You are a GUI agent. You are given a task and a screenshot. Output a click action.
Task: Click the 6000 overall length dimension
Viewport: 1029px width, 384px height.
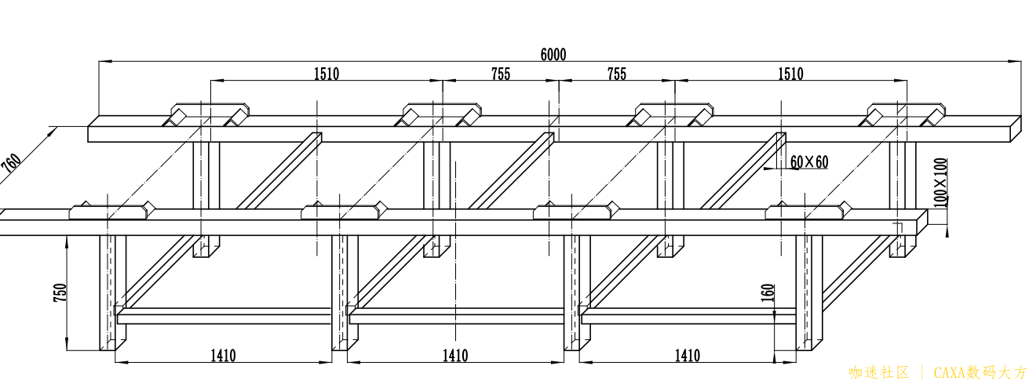pos(553,55)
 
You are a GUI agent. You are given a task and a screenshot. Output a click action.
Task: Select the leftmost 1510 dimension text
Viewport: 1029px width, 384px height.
pos(327,74)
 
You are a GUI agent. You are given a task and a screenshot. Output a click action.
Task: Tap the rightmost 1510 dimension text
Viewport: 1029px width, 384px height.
pos(790,74)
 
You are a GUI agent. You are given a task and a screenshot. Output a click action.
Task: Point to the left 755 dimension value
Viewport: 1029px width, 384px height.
pos(501,74)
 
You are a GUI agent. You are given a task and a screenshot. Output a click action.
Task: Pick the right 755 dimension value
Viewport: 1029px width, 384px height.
pos(616,74)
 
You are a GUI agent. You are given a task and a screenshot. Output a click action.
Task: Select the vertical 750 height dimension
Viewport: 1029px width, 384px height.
pos(60,293)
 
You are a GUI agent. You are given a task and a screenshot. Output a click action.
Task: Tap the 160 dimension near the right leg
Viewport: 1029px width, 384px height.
pos(768,293)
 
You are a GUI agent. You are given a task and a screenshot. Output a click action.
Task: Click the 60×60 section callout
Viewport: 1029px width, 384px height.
pos(809,162)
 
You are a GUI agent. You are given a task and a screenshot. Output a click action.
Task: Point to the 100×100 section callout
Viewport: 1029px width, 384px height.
pos(941,182)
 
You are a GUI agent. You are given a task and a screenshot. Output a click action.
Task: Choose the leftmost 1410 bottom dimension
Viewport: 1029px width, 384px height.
pos(223,356)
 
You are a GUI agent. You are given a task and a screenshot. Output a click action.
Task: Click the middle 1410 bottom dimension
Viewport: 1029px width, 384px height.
pos(455,356)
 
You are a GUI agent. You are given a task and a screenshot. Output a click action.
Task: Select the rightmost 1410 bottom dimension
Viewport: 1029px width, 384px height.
pos(688,356)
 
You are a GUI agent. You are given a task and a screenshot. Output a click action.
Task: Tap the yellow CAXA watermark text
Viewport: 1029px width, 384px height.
pos(980,372)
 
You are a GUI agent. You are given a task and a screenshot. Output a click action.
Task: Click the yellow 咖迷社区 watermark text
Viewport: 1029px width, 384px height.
pos(879,372)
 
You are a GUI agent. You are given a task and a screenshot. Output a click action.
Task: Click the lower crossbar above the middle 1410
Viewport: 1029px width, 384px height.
pos(456,317)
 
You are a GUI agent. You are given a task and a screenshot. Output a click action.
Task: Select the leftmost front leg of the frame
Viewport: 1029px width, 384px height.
pos(113,293)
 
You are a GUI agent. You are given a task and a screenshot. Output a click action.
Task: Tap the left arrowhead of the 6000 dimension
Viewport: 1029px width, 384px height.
pos(105,60)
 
